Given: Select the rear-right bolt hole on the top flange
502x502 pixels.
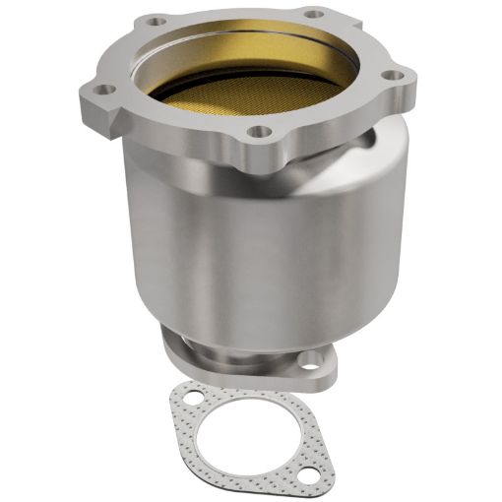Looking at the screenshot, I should click(313, 14).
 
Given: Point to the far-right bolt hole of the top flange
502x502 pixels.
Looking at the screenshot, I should click(392, 75).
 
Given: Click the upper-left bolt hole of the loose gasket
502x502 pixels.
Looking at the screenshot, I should click(191, 398).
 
